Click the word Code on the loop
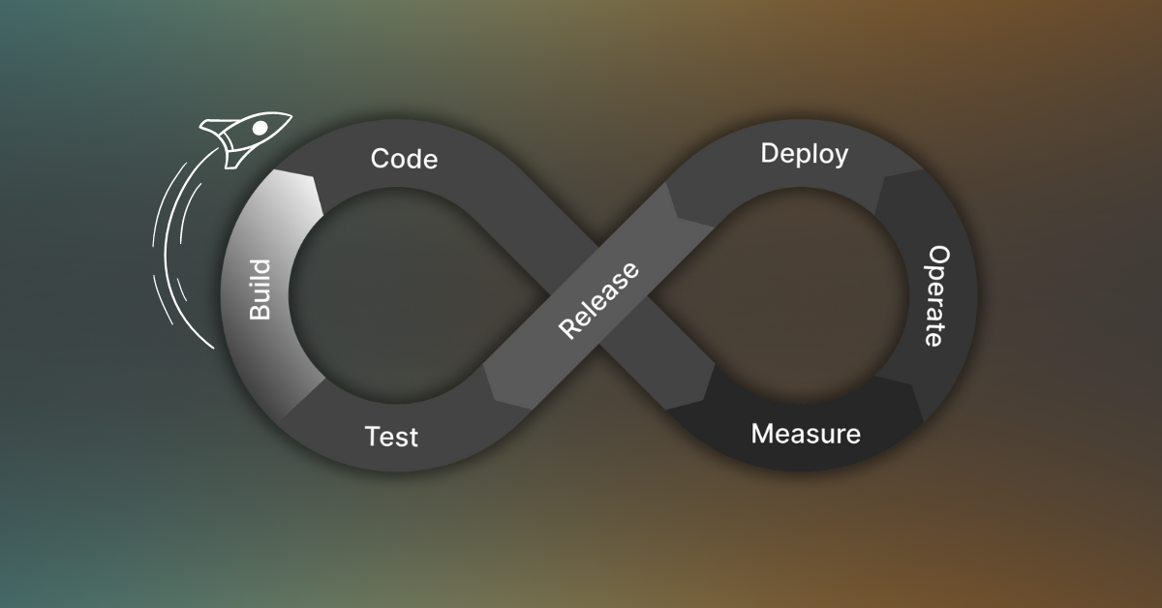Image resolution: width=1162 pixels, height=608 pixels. click(404, 159)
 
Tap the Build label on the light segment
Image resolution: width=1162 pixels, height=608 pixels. click(260, 289)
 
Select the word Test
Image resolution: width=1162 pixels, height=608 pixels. click(391, 437)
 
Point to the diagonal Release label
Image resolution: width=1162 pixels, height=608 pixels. click(599, 300)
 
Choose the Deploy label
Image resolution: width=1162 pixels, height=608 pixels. click(804, 154)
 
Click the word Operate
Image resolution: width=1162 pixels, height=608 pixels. click(934, 295)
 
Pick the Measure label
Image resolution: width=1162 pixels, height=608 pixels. click(806, 433)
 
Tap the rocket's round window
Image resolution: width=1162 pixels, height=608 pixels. click(260, 128)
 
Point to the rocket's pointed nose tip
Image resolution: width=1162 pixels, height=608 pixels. click(290, 115)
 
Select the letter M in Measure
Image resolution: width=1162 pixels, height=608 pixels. click(763, 433)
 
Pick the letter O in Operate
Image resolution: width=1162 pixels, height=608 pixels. click(936, 255)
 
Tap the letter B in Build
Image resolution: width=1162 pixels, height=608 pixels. click(260, 313)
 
